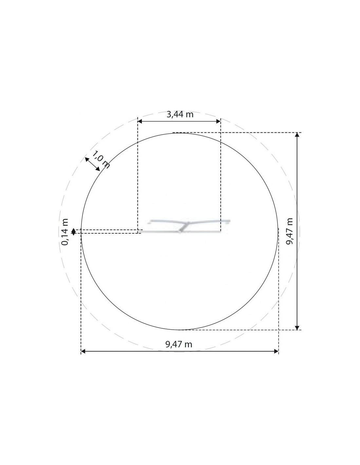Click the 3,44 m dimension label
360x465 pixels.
coord(180,114)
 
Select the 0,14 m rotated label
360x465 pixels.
coord(65,232)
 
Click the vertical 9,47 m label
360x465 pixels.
coord(289,232)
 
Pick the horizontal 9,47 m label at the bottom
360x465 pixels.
coord(179,344)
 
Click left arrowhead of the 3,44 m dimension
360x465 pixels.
coord(140,121)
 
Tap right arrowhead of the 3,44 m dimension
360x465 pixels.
coord(218,121)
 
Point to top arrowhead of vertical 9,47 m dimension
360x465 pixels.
coord(297,135)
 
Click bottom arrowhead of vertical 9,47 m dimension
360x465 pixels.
coord(297,328)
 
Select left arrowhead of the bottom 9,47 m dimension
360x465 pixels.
coord(83,351)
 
